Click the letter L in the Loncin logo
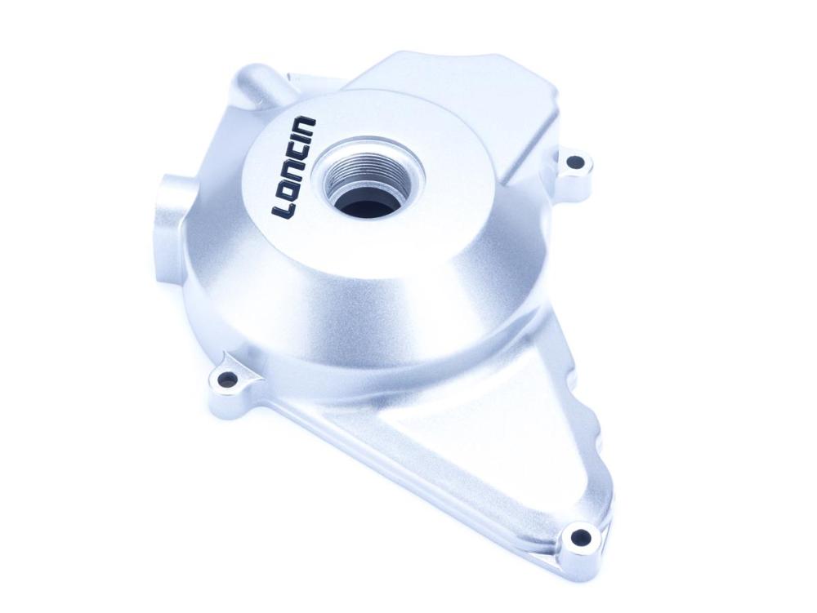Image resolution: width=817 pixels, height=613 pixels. pyautogui.click(x=283, y=207)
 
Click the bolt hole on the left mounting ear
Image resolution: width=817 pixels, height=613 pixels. pyautogui.click(x=225, y=377)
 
